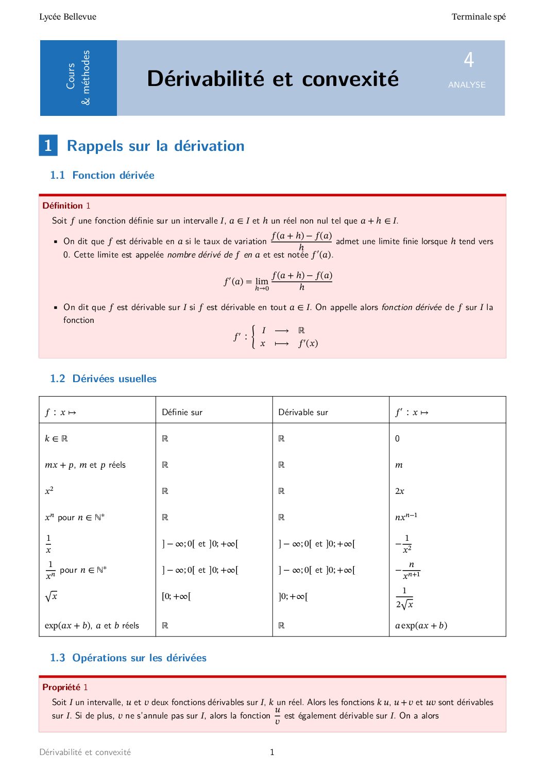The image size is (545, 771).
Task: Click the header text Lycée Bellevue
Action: [67, 17]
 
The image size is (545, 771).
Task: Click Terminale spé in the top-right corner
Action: [478, 17]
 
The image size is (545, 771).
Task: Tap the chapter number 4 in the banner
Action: [468, 60]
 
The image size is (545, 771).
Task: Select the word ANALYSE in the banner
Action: [467, 85]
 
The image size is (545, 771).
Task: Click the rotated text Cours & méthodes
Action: [78, 77]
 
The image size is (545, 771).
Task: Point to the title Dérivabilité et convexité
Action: [272, 79]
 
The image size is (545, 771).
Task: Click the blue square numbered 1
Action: [48, 146]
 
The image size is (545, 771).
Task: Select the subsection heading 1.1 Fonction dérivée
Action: [102, 175]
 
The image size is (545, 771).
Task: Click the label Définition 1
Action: [66, 205]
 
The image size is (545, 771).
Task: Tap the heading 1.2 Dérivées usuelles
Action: [103, 379]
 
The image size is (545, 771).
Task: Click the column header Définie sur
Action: [182, 412]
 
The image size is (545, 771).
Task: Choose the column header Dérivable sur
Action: [303, 412]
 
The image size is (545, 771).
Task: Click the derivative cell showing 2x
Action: [400, 491]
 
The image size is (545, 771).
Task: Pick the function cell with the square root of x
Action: [51, 596]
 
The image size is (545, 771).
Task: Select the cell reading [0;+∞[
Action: [176, 596]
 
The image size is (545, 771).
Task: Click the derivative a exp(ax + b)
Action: [421, 626]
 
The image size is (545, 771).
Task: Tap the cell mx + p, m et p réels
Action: [85, 465]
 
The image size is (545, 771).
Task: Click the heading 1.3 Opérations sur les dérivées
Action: [128, 658]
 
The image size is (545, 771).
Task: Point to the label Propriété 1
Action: [65, 687]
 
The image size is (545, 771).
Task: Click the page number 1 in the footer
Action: [272, 752]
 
